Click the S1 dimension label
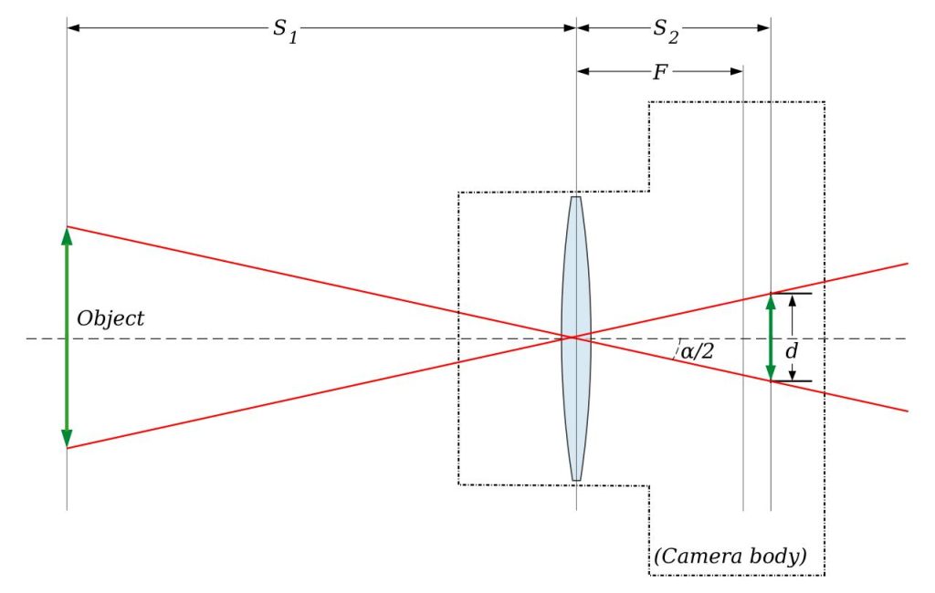[x=286, y=29]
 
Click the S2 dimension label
[x=665, y=29]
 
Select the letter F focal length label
[x=659, y=72]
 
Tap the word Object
[x=110, y=318]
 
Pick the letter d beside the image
[x=792, y=349]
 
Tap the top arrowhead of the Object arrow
[x=67, y=234]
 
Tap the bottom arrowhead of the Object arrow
[x=67, y=440]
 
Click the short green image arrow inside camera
[x=771, y=337]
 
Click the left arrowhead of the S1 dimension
[x=74, y=28]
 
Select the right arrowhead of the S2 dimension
[x=764, y=28]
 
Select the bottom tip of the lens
[x=576, y=478]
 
